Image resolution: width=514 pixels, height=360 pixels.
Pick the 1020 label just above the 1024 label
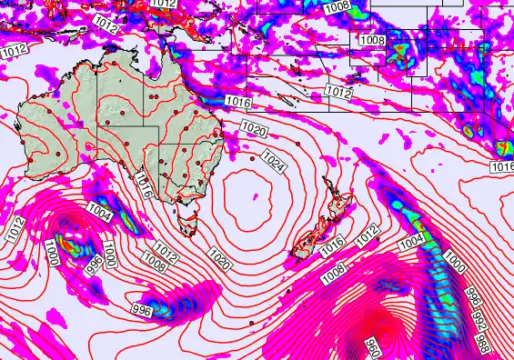tap(254, 131)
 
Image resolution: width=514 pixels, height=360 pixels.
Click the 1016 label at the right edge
tap(501, 167)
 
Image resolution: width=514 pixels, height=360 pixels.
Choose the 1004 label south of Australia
tap(99, 214)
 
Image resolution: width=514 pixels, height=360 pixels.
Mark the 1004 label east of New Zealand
tap(411, 240)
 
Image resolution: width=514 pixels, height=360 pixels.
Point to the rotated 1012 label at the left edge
tap(13, 228)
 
